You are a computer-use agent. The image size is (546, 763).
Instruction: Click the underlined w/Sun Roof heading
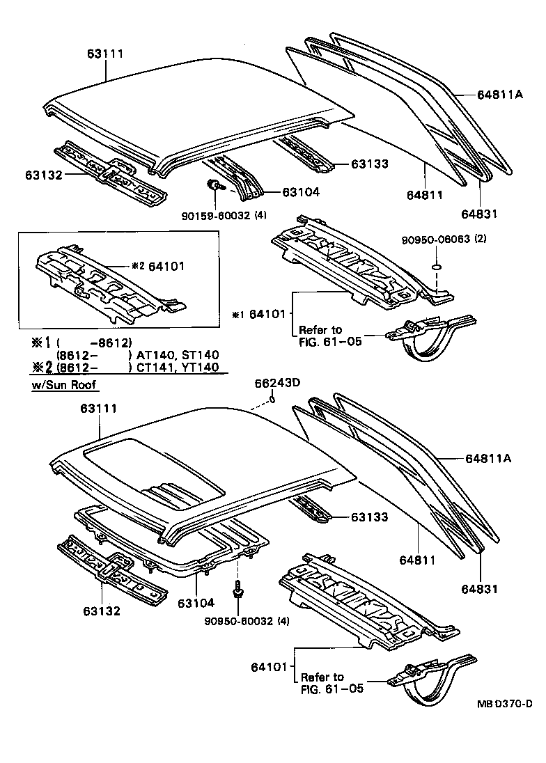(x=64, y=385)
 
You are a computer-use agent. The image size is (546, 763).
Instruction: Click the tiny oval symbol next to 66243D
(x=274, y=398)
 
